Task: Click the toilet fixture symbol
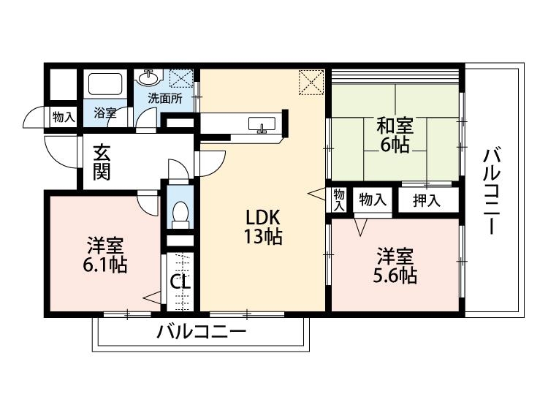tap(179, 213)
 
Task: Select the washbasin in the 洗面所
tap(149, 76)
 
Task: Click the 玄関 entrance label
tap(102, 164)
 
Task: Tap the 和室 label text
tap(395, 125)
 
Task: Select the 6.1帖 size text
tap(105, 264)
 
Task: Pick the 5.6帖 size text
tap(395, 276)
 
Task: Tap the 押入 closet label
tap(427, 200)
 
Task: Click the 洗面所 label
tap(165, 97)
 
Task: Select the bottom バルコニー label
tap(201, 333)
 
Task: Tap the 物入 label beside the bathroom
tap(63, 115)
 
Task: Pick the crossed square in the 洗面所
tap(179, 77)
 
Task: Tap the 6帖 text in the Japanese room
tap(395, 143)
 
